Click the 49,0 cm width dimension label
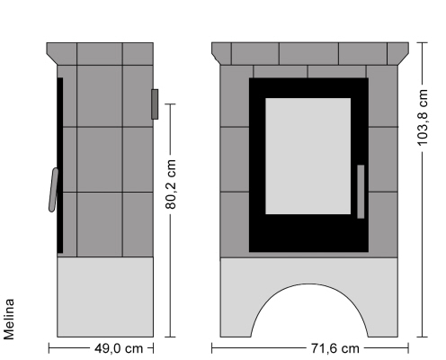[x=119, y=348]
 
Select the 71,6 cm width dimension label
[x=335, y=348]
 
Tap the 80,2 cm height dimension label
[x=171, y=184]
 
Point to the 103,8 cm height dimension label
[x=423, y=118]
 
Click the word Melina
[x=9, y=319]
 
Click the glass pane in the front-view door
[x=308, y=156]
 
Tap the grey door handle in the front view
[x=361, y=192]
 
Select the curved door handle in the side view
[x=54, y=190]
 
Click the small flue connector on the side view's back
[x=155, y=104]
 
